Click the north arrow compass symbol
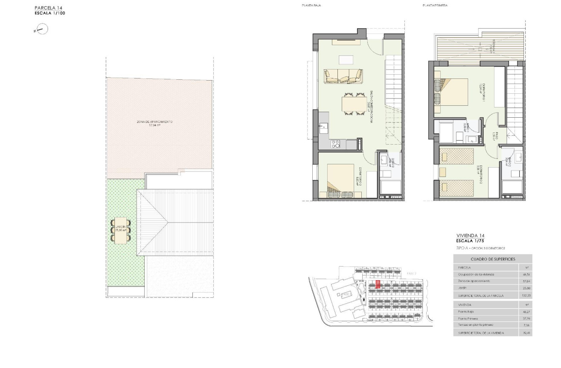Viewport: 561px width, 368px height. tap(42, 29)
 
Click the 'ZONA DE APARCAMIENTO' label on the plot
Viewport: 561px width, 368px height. tap(154, 122)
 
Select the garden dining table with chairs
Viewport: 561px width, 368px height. tap(121, 231)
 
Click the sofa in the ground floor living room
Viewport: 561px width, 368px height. tap(344, 76)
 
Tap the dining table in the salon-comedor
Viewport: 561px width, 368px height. tap(354, 104)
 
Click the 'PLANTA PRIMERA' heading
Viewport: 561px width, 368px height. tap(435, 6)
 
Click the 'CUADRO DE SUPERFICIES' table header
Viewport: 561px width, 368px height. tap(493, 259)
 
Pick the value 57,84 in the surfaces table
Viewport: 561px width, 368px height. tap(526, 281)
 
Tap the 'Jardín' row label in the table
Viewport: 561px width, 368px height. tap(463, 288)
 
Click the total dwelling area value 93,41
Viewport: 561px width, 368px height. tap(526, 333)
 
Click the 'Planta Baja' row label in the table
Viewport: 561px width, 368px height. tap(466, 312)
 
